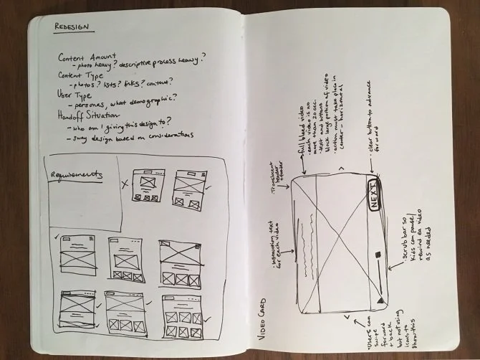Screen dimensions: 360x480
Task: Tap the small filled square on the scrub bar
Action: (x=377, y=255)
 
